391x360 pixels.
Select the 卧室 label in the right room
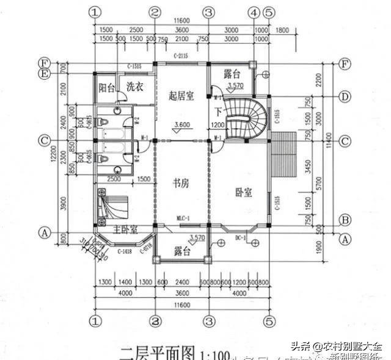pos(243,192)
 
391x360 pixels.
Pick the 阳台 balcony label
pos(106,88)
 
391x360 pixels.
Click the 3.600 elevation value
pos(183,126)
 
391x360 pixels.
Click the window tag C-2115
pos(181,57)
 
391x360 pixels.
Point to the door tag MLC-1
pos(184,218)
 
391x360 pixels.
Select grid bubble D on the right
pos(345,96)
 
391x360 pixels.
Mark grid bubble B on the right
pos(345,220)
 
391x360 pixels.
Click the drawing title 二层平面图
pos(157,352)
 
